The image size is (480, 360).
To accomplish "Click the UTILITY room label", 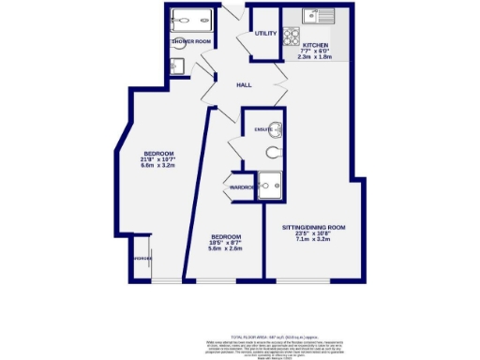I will tap(266, 34).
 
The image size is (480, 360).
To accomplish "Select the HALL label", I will tap(244, 85).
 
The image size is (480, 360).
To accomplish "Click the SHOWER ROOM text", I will tap(190, 42).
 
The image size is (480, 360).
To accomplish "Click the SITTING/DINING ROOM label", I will tap(315, 228).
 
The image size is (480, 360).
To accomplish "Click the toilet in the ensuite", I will tap(273, 151).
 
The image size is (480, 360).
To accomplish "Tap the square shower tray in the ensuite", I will tap(272, 186).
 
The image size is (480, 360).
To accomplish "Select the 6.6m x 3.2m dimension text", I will tap(155, 166).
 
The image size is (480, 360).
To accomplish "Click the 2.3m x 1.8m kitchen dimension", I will tap(316, 57).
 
